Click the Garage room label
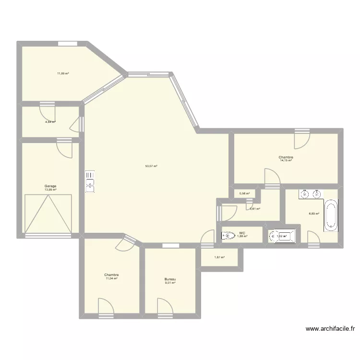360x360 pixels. click(50, 186)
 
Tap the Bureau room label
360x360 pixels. click(170, 279)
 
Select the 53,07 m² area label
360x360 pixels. click(151, 166)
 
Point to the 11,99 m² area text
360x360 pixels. click(63, 73)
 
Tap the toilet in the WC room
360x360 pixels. click(226, 236)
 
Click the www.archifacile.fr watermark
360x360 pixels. click(330, 329)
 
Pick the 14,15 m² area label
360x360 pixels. click(286, 160)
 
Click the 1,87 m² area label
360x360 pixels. click(218, 258)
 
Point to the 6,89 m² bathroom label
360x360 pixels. click(314, 214)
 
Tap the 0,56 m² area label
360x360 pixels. click(244, 193)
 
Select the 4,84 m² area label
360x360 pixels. click(50, 122)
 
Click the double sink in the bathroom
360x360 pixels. click(310, 194)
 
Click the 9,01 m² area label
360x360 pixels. click(170, 283)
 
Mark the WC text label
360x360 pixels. click(242, 233)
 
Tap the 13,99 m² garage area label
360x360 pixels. click(50, 190)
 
